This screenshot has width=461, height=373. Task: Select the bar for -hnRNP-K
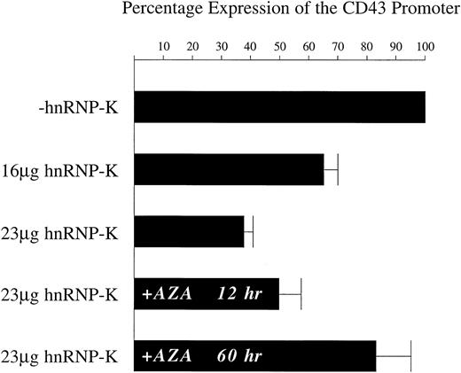(279, 106)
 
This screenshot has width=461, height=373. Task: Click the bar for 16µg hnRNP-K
(229, 169)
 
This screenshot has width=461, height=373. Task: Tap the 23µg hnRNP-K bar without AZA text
(189, 232)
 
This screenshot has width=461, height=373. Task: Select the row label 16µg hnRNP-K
(66, 170)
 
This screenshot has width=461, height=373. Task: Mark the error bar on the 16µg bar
(332, 169)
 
